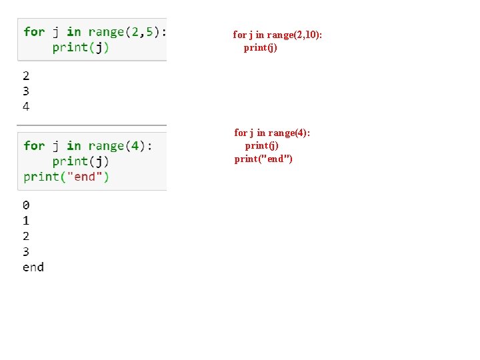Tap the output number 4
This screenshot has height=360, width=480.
tap(26, 107)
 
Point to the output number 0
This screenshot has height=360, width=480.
tap(26, 205)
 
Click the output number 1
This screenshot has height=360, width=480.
tap(26, 220)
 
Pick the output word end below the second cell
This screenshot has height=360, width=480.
tap(33, 267)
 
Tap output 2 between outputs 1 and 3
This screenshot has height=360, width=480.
tap(26, 236)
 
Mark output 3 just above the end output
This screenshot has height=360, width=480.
tap(26, 251)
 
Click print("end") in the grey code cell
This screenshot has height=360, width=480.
tap(66, 177)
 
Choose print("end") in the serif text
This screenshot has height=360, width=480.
tap(263, 159)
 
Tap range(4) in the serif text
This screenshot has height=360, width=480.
tap(288, 133)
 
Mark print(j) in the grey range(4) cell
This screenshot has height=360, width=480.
tap(80, 161)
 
